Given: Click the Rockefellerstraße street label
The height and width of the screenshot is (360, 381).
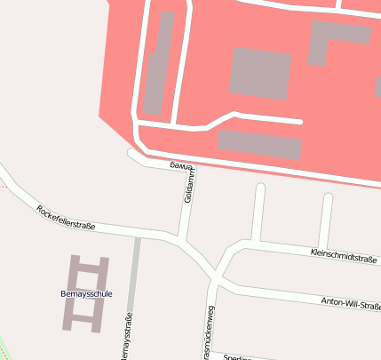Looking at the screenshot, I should [66, 219].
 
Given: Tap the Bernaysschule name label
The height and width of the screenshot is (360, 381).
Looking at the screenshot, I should [85, 292].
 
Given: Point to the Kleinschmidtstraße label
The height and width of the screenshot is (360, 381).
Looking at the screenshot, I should [345, 255].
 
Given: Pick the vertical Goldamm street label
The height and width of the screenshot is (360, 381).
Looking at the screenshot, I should [188, 188].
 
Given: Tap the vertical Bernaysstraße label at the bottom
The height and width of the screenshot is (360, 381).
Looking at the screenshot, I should [127, 337].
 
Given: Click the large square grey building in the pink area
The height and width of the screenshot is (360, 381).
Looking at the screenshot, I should [260, 73].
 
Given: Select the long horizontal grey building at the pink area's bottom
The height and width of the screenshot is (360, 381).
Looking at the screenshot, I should [259, 144].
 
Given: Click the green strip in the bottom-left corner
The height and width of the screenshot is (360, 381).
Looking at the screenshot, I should [6, 348].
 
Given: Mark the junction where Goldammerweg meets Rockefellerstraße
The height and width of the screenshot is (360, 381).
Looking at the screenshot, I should [183, 238].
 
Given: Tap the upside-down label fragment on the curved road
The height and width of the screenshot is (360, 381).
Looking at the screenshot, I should [180, 166].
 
